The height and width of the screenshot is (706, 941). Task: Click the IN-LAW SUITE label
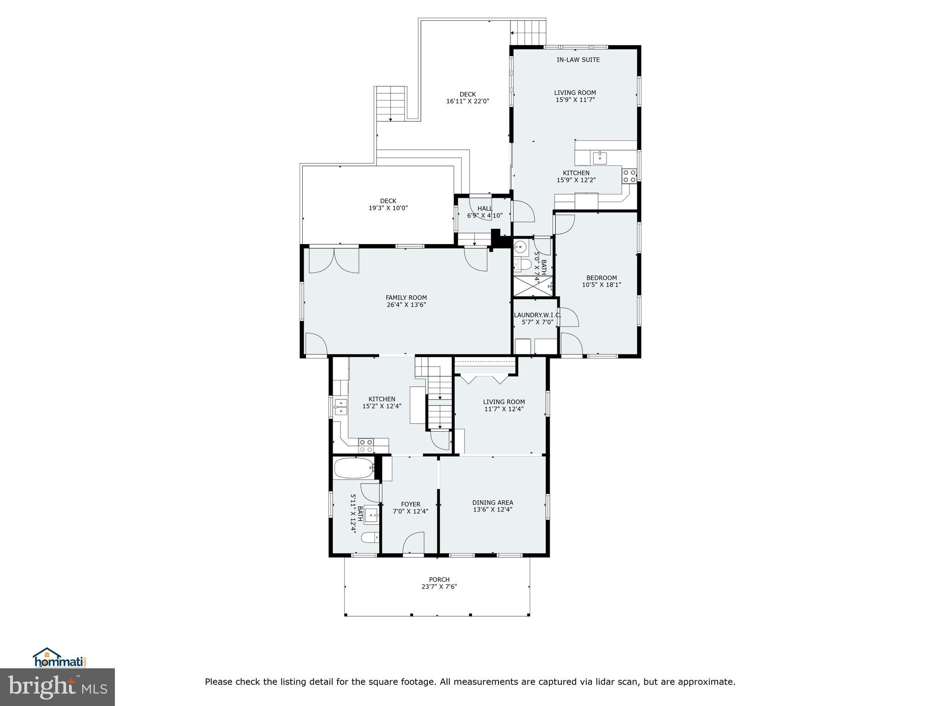pos(578,60)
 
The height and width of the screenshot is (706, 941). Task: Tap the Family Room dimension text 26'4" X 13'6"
pos(406,305)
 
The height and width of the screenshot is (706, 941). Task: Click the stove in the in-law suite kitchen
pos(629,176)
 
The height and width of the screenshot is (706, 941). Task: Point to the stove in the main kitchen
pos(366,445)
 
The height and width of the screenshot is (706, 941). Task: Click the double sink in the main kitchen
pos(341,407)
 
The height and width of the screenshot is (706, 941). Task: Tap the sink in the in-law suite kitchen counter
pos(600,158)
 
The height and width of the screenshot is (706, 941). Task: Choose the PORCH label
pos(439,580)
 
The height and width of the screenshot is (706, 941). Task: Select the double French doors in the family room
pos(334,261)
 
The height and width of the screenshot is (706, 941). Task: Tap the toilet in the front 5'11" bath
pos(369,537)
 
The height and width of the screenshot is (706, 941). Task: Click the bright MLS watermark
pos(57,687)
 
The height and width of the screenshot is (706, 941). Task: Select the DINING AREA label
pos(493,502)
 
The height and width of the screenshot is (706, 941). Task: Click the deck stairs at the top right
pos(528,32)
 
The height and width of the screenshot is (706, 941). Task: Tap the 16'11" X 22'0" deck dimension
pos(467,102)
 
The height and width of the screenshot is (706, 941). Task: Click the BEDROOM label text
pos(601,278)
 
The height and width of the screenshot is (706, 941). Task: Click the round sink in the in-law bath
pos(521,247)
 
